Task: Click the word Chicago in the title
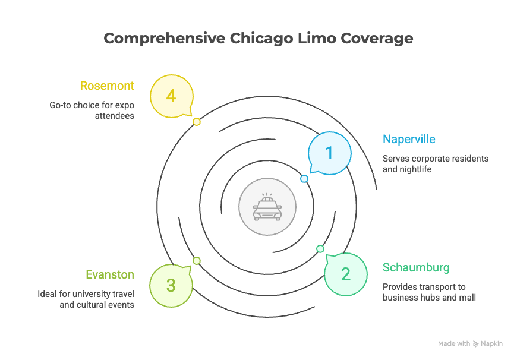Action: click(264, 39)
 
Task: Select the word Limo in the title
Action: click(323, 39)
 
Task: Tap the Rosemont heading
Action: click(107, 86)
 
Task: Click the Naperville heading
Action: click(409, 140)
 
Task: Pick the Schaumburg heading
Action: click(416, 267)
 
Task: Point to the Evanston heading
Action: click(109, 275)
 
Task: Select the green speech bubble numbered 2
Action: click(345, 274)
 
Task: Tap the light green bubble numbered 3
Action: click(171, 285)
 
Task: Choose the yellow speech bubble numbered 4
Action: click(171, 96)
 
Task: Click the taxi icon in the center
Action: click(267, 206)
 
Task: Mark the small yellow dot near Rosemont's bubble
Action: click(196, 122)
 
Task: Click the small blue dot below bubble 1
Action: click(304, 179)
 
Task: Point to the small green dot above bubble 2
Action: click(320, 248)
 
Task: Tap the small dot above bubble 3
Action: click(197, 261)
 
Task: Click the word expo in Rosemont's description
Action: click(123, 105)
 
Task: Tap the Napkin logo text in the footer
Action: click(491, 344)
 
